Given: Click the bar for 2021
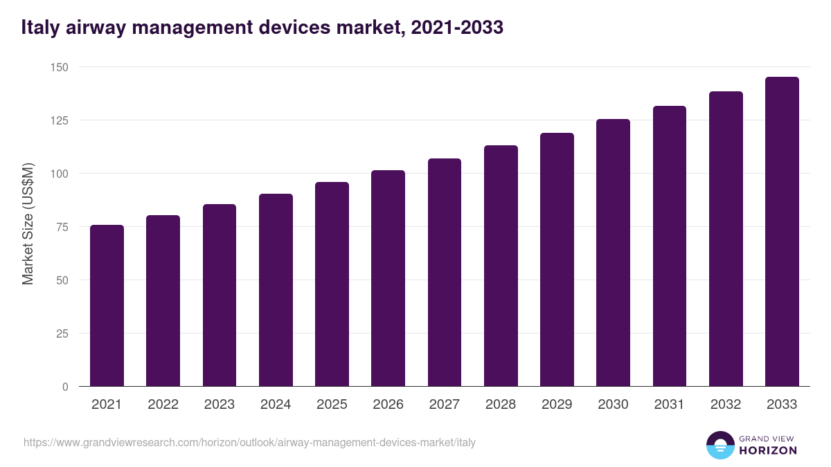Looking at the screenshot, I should [x=107, y=306].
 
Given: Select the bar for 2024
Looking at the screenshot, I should [x=276, y=291].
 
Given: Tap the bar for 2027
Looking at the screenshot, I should [x=445, y=273].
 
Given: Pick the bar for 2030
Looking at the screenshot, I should [x=613, y=253].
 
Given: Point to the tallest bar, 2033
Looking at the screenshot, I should [x=782, y=232].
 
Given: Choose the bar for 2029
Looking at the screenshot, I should [x=557, y=260].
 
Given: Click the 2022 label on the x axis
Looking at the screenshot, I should [x=163, y=405].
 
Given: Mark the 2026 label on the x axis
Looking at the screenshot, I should [x=388, y=405].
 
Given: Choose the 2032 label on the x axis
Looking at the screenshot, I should [x=726, y=405].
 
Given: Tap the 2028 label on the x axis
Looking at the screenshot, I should [x=501, y=405].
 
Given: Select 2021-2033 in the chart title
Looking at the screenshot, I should [x=456, y=28].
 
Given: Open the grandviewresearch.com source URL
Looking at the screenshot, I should [x=249, y=442].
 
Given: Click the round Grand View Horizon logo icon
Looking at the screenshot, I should [x=720, y=445].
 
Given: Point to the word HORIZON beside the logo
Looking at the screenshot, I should [x=768, y=450].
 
